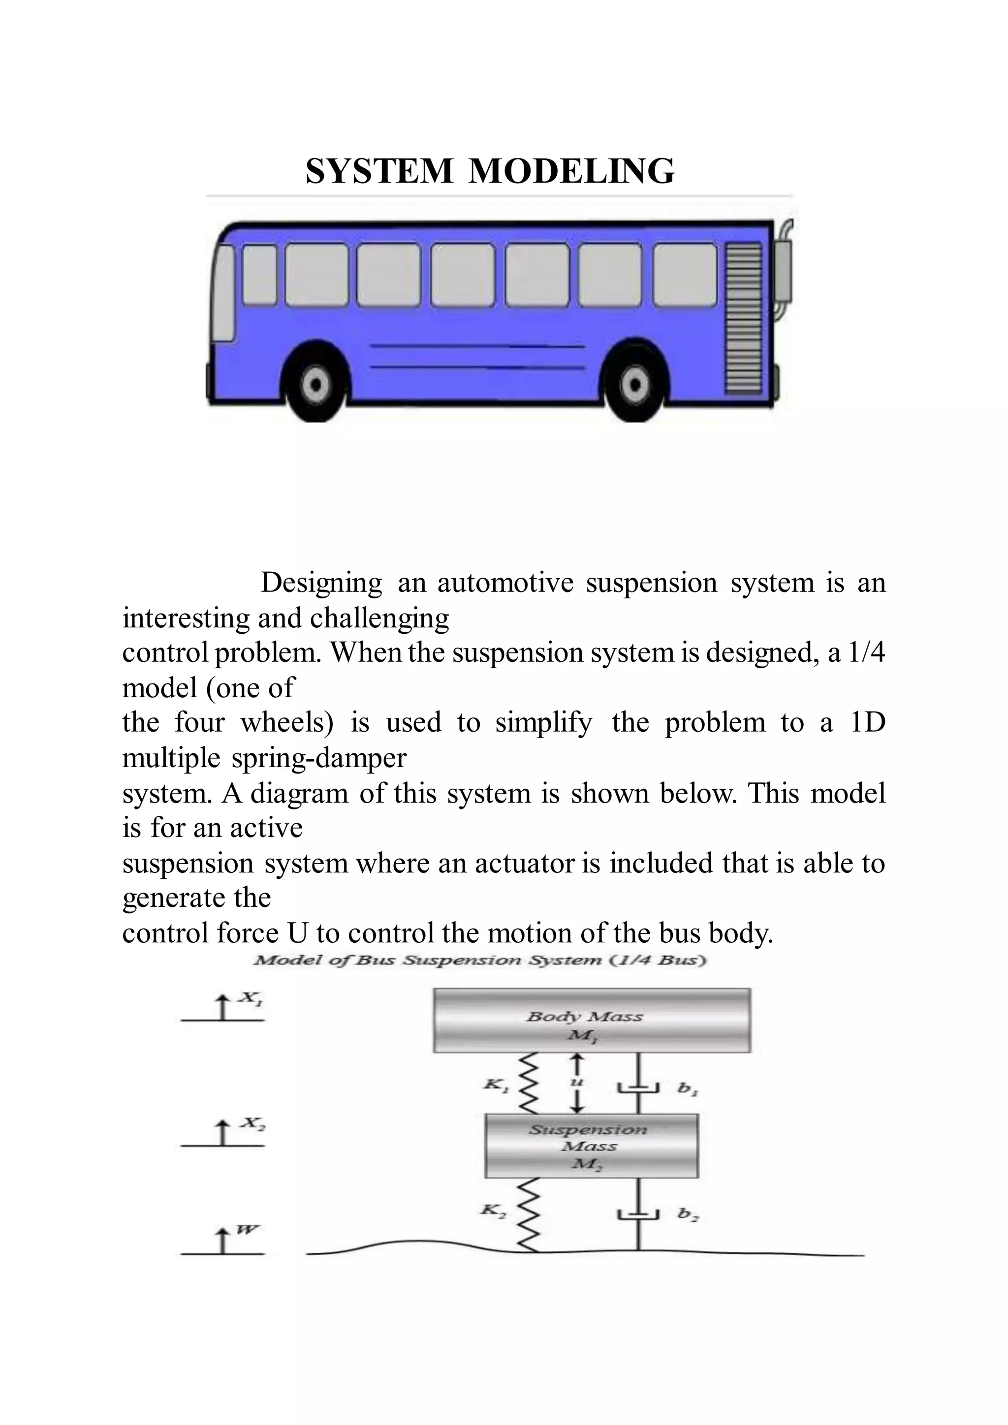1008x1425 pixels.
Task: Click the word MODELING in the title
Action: [571, 171]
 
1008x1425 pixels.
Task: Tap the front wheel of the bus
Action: [316, 384]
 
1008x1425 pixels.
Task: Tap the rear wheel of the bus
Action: [634, 384]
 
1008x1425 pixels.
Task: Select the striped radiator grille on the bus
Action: [744, 318]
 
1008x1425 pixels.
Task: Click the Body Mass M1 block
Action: [592, 1021]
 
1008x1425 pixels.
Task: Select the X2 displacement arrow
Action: [222, 1133]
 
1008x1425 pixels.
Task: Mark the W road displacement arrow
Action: [222, 1241]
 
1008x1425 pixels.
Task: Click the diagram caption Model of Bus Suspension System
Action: [480, 961]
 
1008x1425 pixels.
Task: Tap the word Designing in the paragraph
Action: [321, 583]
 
